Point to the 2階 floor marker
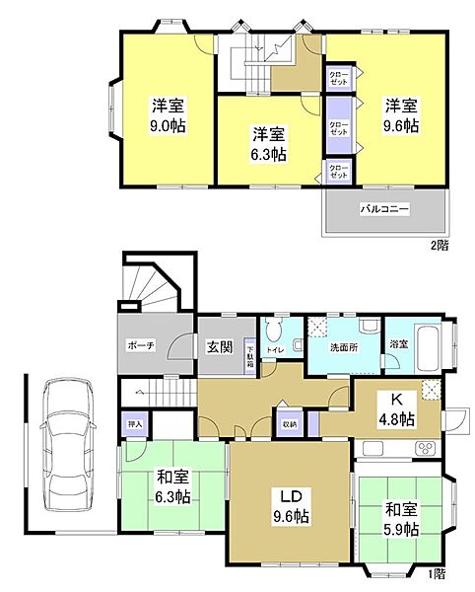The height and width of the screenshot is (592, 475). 438,244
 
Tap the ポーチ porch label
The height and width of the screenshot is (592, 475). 141,346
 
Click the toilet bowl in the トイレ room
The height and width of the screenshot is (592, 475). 275,328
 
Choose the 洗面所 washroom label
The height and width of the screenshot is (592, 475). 345,346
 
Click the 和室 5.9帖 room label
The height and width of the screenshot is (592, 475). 401,520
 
